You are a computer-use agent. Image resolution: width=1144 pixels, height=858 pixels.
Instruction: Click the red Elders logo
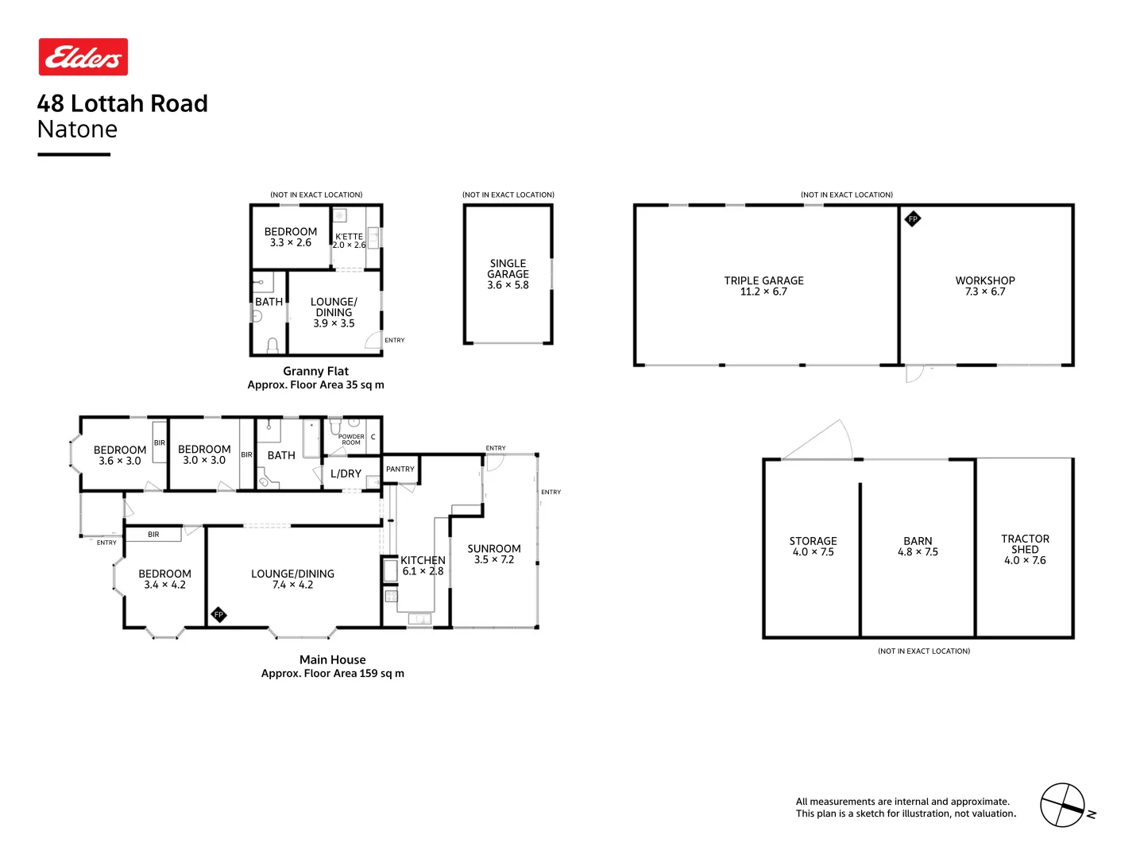coord(83,57)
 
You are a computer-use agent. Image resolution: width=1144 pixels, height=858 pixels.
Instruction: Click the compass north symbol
coord(1063,805)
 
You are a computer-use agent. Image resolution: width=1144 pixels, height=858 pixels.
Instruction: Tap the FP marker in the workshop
coord(913,219)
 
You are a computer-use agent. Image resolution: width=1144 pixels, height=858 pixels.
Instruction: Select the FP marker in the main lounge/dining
coord(218,614)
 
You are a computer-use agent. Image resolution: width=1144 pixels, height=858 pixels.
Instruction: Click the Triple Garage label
coord(763,286)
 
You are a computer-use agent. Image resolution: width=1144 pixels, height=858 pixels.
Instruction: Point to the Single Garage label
coord(508,274)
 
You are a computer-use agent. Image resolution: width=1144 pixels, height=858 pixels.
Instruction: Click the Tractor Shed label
coord(1025,549)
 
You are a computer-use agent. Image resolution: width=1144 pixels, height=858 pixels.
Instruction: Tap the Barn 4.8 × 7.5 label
coord(918,547)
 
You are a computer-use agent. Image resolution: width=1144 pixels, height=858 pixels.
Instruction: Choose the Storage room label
coord(813,547)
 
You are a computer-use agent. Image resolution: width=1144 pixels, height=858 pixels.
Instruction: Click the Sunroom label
coord(494,554)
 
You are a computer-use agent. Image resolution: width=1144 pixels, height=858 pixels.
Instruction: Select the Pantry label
coord(400,470)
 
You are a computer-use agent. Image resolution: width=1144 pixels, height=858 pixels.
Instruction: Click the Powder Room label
coord(351,439)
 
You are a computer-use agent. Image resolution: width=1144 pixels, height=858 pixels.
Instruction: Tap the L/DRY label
coord(346,473)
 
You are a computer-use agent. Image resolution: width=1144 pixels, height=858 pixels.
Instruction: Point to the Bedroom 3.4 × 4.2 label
coord(164,579)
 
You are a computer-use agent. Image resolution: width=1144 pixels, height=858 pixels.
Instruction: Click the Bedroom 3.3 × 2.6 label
coord(291,237)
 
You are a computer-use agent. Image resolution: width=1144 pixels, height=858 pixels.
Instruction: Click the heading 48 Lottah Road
coord(122,103)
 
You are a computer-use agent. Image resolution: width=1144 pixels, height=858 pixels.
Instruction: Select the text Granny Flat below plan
coord(315,371)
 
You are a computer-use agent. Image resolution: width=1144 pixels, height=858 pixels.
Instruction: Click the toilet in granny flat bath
coord(272,345)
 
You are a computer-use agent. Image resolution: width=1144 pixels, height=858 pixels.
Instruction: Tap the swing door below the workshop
coord(915,373)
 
